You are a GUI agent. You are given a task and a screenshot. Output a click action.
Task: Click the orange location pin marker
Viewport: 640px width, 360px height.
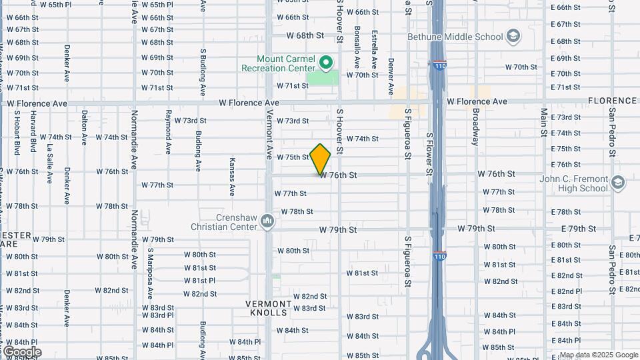(x=320, y=159)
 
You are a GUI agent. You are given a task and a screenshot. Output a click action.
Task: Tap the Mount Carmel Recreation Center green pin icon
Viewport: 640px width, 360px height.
(x=326, y=63)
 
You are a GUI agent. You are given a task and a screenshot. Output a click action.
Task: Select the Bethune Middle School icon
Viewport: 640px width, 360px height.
(x=513, y=35)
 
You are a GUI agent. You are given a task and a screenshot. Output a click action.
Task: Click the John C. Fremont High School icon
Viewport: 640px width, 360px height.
(x=618, y=182)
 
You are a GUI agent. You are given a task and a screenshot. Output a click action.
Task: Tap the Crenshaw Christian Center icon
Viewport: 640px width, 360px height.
(x=267, y=221)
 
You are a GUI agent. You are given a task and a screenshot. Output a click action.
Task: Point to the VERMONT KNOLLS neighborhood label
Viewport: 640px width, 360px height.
(x=270, y=308)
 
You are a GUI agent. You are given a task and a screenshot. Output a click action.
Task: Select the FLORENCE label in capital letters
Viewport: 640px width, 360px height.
(x=612, y=101)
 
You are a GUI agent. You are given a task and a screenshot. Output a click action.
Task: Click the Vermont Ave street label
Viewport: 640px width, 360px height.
(x=270, y=134)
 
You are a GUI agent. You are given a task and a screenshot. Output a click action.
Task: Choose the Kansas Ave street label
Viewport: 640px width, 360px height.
(x=231, y=177)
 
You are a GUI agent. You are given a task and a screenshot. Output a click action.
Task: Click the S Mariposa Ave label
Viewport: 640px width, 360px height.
(x=151, y=273)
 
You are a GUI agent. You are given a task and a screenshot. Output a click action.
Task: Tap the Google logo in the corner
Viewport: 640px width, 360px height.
(x=21, y=352)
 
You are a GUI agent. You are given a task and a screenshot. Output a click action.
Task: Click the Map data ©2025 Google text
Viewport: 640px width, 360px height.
(x=598, y=355)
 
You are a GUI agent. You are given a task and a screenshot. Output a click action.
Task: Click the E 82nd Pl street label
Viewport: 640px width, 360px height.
(x=565, y=292)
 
